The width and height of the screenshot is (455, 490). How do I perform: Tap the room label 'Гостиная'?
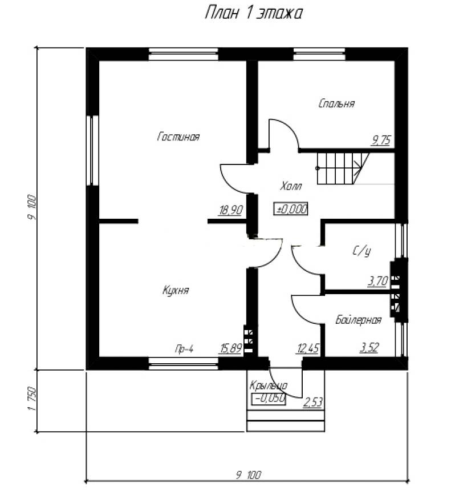click(x=178, y=136)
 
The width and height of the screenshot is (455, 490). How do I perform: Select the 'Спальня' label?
click(x=336, y=103)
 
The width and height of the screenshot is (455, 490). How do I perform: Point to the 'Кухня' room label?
click(x=176, y=290)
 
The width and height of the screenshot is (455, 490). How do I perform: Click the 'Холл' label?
click(x=291, y=186)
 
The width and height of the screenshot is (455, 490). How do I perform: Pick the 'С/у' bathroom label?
click(x=361, y=251)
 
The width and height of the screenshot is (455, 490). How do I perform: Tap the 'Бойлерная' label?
click(x=359, y=320)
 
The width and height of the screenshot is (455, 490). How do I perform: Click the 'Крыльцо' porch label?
click(x=269, y=385)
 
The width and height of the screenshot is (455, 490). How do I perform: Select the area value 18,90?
click(x=230, y=210)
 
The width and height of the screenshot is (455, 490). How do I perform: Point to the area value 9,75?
click(x=381, y=140)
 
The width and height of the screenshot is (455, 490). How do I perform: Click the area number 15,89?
click(x=231, y=348)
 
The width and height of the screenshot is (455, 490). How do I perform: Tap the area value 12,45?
click(x=308, y=348)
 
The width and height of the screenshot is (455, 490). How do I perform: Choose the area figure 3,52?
click(x=369, y=347)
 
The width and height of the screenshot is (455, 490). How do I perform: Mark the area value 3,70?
click(x=377, y=281)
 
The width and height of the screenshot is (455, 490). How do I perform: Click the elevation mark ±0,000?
click(x=291, y=209)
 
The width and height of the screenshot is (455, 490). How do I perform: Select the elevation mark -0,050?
click(x=269, y=399)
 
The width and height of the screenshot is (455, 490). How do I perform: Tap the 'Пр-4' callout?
click(x=184, y=348)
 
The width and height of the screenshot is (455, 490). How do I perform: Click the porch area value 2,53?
click(x=312, y=402)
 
